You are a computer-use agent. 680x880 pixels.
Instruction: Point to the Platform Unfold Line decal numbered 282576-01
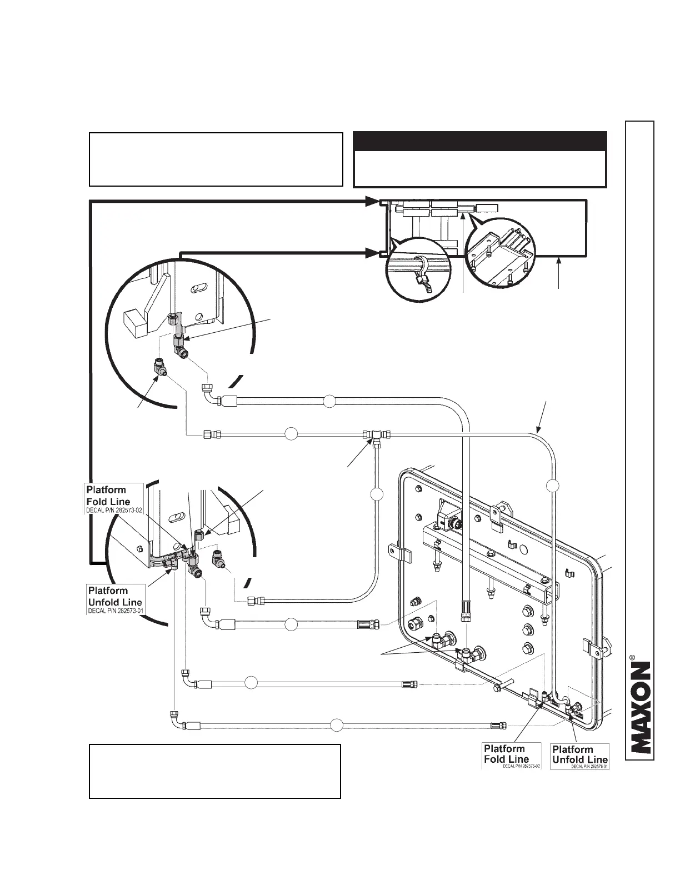click(580, 756)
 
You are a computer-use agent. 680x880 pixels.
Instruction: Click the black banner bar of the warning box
click(480, 141)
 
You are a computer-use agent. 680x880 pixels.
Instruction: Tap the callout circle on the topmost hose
click(329, 400)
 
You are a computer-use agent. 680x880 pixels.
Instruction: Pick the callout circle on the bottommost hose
click(336, 724)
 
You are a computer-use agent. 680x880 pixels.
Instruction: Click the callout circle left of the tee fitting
click(291, 434)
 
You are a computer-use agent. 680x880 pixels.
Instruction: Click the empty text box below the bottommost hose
click(215, 771)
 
